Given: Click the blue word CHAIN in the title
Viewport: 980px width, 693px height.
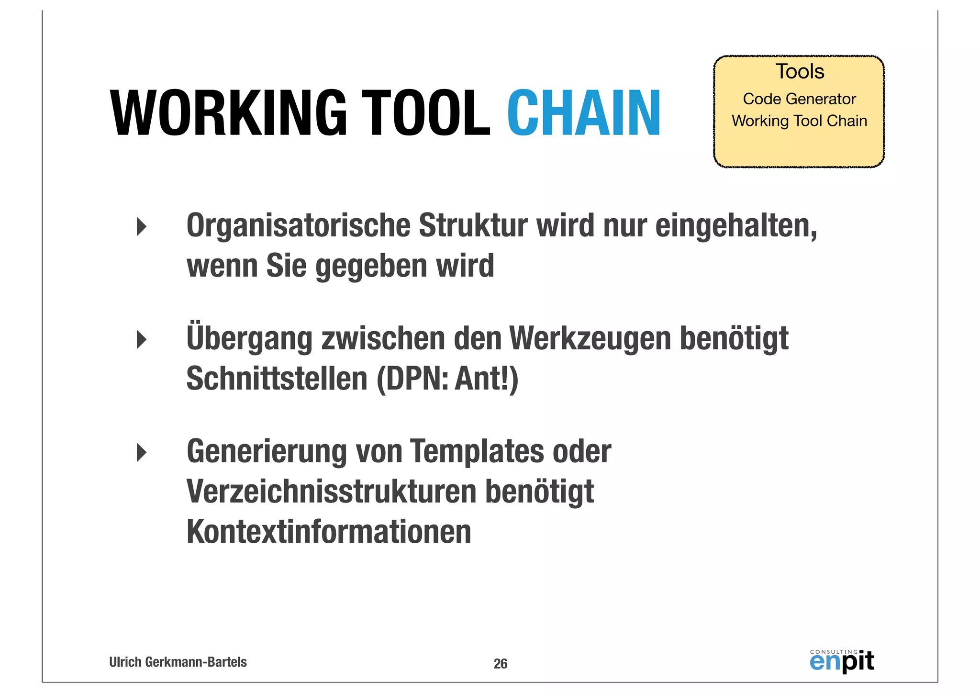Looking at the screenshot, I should point(584,113).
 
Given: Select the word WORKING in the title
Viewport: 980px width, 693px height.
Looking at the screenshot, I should point(229,113).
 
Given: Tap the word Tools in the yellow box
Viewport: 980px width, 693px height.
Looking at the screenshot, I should point(800,72).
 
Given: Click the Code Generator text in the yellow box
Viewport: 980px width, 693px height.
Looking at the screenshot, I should point(799,99).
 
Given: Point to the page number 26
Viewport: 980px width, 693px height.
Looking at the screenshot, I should point(501,664).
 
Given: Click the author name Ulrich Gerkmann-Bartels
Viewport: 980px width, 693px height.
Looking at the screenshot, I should point(178,662).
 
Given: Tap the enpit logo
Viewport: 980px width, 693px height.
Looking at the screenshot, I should point(842,661).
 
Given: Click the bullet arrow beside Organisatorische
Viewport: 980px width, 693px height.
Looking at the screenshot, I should point(142,226).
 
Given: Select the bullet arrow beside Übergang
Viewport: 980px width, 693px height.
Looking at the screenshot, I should point(142,339).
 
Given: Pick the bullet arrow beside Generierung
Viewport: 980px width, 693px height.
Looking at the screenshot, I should point(142,452).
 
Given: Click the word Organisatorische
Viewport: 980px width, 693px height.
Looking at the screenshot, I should point(299,225).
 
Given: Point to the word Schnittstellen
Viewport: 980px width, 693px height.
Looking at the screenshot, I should point(277,379).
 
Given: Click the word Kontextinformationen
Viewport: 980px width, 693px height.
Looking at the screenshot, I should point(329,532).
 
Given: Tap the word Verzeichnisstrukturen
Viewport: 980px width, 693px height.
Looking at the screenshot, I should point(332,492).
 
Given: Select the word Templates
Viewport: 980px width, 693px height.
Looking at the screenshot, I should point(477,451).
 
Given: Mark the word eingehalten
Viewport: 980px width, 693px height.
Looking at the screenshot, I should point(735,225).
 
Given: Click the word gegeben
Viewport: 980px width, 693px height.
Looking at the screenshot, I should point(371,266).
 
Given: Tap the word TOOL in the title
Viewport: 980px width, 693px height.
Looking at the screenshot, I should point(425,113).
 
